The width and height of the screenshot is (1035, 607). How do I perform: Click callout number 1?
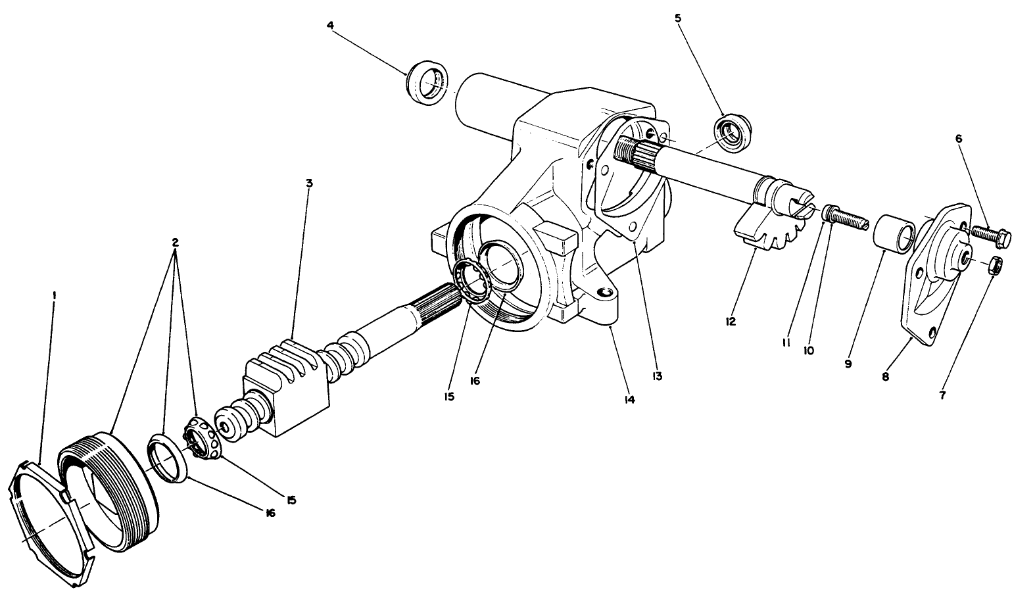[x=55, y=295]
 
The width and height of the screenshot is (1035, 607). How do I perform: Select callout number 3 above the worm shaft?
[x=308, y=182]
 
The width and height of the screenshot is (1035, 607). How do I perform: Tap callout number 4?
[x=330, y=26]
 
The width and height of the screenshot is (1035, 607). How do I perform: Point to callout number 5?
[x=678, y=18]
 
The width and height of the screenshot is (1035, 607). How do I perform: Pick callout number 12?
[x=731, y=322]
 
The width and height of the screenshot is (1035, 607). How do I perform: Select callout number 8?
[x=885, y=377]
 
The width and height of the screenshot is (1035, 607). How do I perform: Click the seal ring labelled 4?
[x=429, y=84]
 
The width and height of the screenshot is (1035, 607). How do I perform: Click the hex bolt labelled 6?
[x=990, y=235]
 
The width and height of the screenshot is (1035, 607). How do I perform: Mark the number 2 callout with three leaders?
[x=175, y=242]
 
